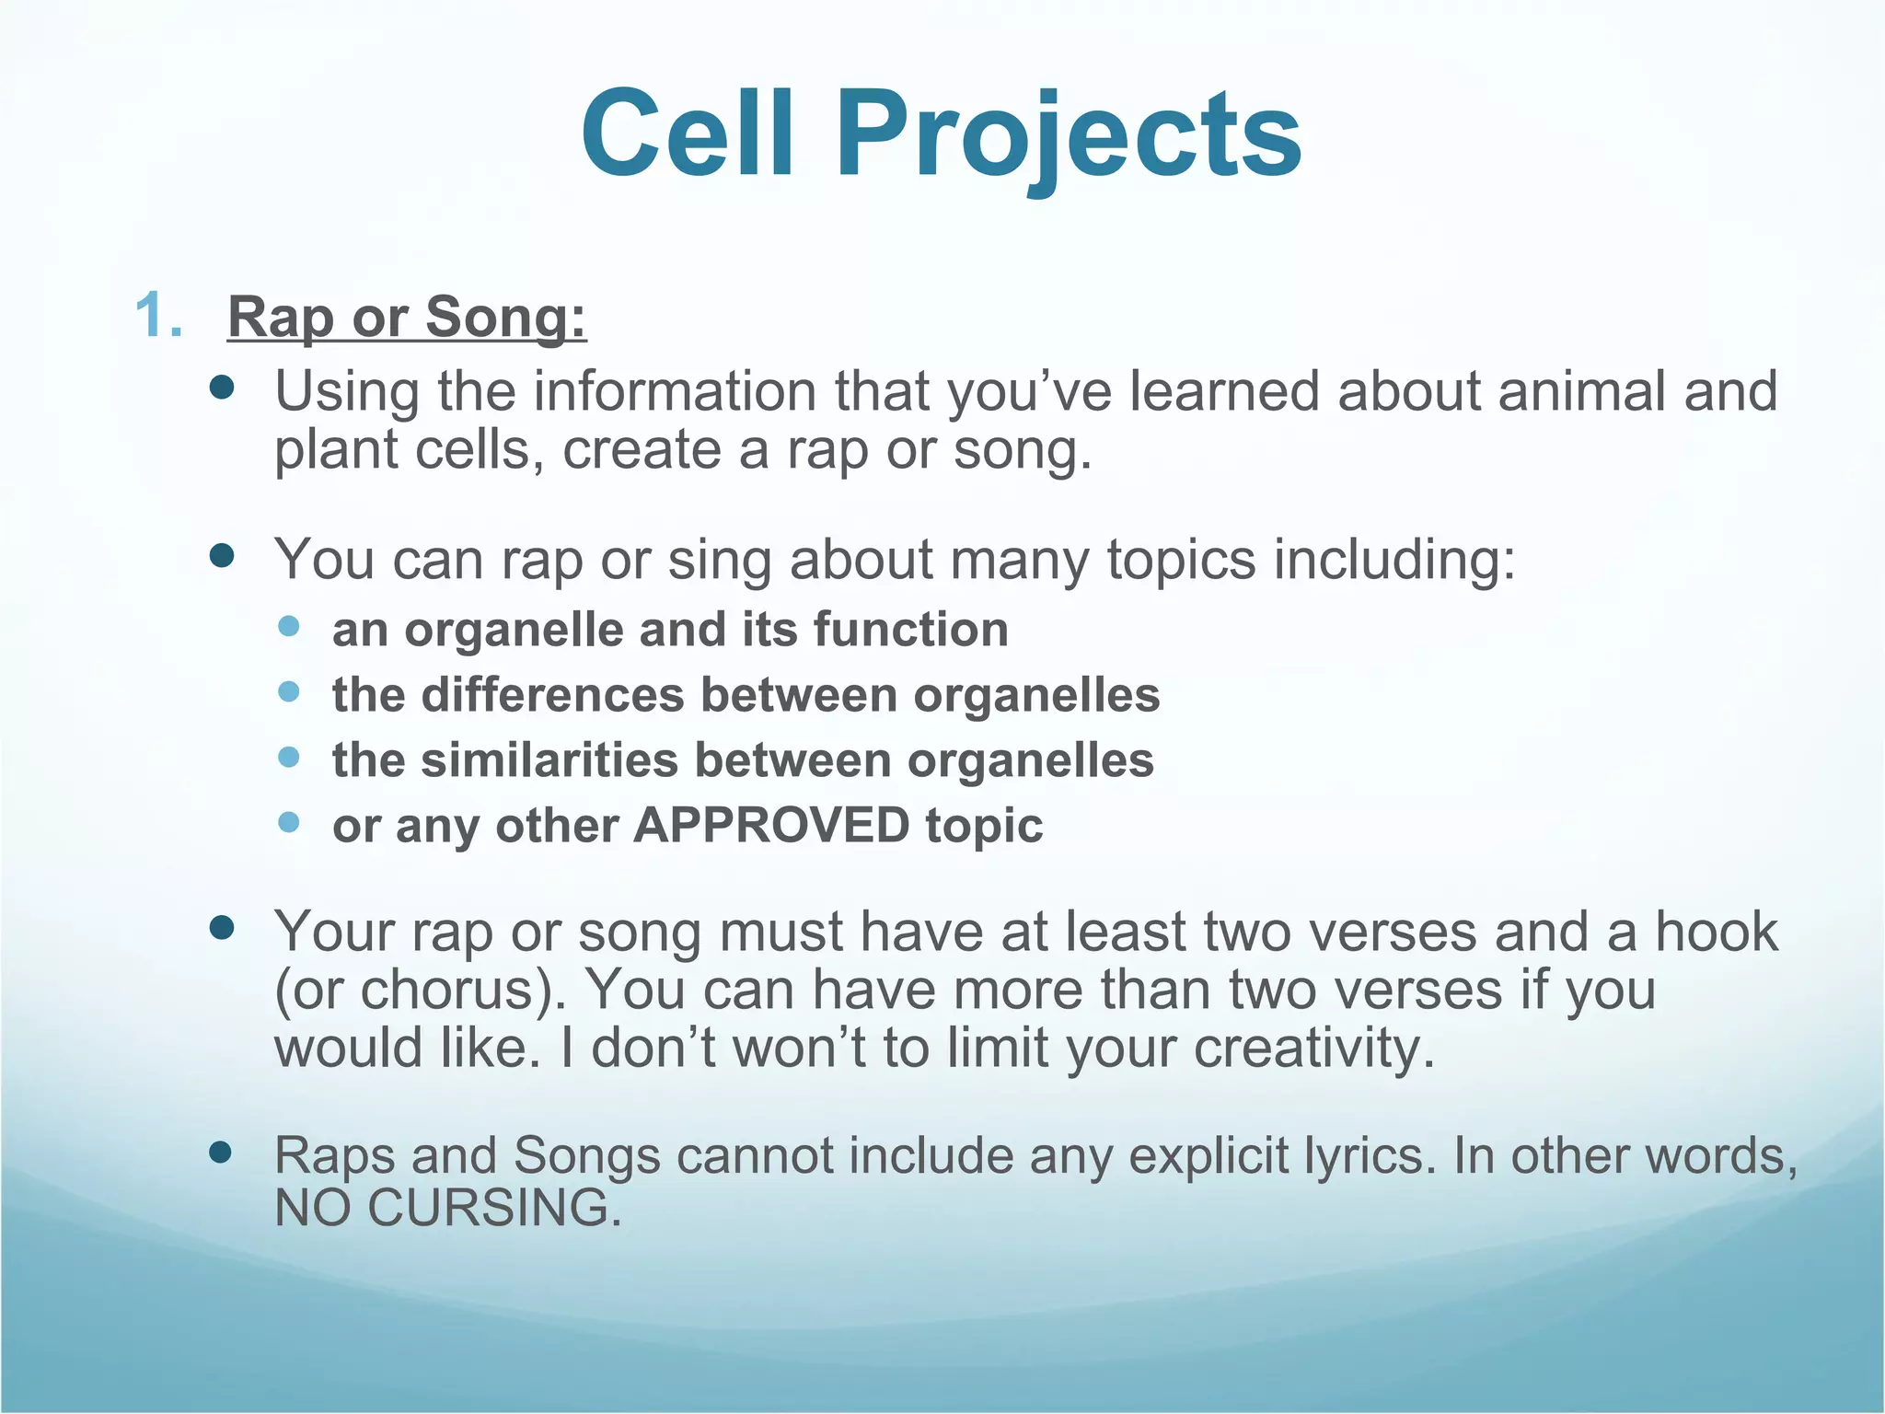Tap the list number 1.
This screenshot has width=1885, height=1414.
[157, 316]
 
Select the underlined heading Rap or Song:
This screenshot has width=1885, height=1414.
[407, 318]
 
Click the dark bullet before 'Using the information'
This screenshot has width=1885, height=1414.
[222, 388]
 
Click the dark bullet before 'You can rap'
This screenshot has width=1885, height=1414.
[222, 555]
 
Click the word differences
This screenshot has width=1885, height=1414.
[553, 695]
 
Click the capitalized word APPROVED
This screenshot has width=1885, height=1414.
[771, 826]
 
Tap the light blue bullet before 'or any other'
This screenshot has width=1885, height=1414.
[289, 822]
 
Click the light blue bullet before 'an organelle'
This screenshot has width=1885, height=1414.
[289, 627]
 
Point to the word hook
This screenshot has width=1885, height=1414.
[1716, 932]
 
